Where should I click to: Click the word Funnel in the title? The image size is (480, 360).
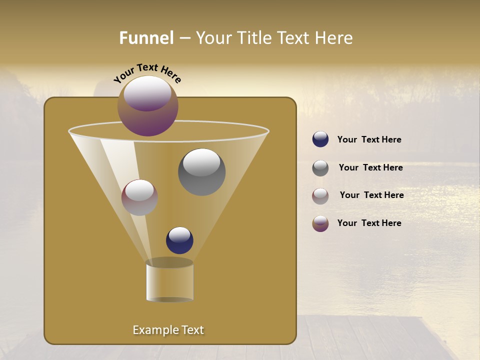tap(146, 38)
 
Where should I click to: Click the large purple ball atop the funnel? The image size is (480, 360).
tap(148, 106)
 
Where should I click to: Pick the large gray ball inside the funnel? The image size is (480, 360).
tap(201, 172)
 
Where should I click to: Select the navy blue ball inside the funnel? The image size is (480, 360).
tap(179, 240)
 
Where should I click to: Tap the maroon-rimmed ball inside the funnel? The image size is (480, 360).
tap(139, 197)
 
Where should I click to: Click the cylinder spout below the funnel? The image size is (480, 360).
tap(169, 282)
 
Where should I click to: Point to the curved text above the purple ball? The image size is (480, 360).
tap(147, 72)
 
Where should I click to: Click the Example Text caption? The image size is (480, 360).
tap(168, 330)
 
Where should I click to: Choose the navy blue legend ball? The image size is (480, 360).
tap(320, 139)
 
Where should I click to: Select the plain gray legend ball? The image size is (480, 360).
tap(320, 168)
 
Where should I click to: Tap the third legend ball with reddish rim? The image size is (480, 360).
tap(320, 196)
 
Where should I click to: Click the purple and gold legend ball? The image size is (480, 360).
tap(320, 223)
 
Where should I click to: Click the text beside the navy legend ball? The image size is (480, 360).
tap(369, 139)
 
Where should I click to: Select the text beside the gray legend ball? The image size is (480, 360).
tap(370, 167)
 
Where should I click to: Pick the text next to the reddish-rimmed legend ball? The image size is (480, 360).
tap(371, 195)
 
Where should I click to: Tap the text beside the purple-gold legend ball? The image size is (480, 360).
tap(369, 223)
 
